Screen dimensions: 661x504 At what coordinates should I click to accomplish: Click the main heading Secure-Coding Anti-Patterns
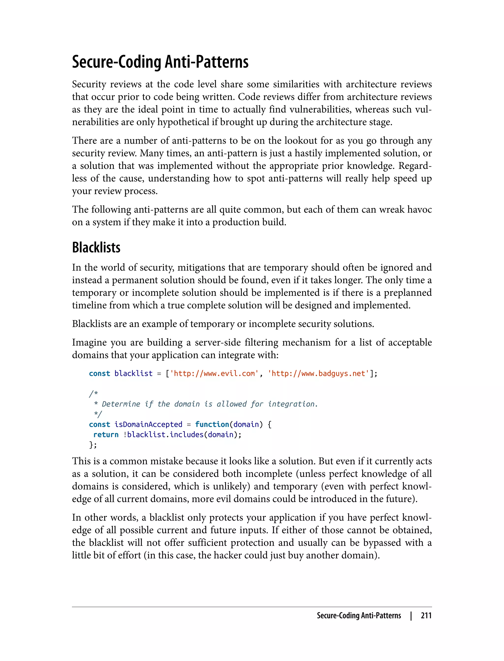coord(160,62)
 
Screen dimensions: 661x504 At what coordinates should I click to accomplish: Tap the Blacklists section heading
coord(96,248)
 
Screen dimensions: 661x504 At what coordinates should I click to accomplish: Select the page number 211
coord(426,616)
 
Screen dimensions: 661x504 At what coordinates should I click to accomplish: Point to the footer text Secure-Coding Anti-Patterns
coord(359,616)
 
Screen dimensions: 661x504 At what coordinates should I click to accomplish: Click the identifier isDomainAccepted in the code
coord(148,424)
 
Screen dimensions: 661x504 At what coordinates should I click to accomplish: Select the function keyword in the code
coord(212,424)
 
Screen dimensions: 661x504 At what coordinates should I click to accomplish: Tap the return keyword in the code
coord(106,435)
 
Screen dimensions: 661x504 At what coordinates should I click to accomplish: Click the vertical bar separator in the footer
coord(411,616)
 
